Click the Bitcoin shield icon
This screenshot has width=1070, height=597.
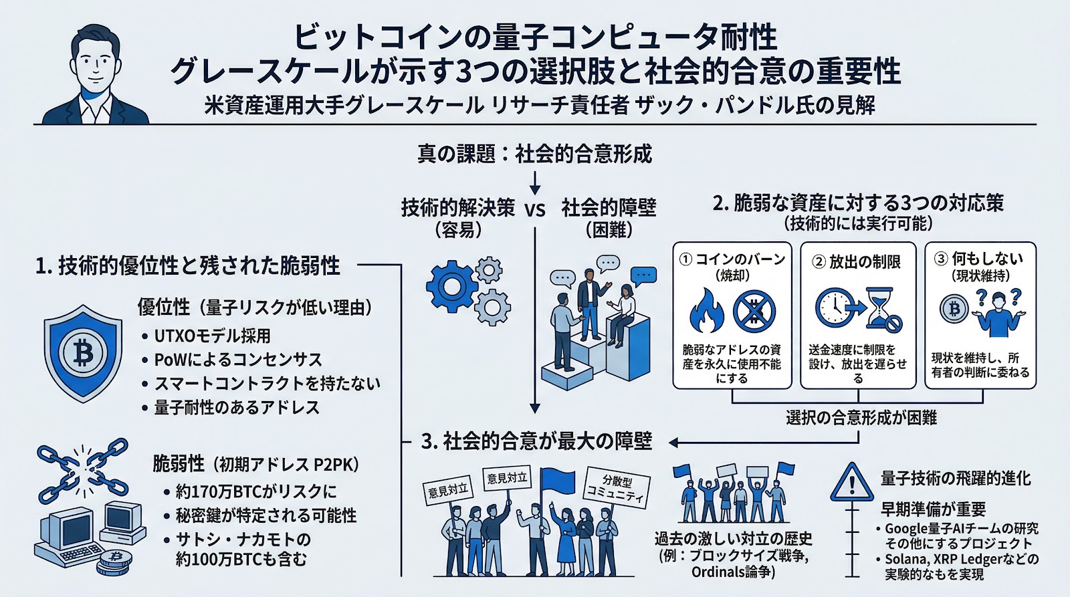[83, 352]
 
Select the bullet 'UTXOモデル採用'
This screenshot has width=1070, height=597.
[212, 336]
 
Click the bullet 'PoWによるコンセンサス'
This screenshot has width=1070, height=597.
[238, 360]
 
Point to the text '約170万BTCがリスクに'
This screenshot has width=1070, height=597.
[256, 491]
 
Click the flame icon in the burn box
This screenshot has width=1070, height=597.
[707, 311]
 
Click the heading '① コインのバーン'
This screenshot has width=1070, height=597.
[732, 259]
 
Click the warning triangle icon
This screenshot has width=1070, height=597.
[851, 483]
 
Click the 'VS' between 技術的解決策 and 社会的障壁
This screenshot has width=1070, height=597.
[535, 210]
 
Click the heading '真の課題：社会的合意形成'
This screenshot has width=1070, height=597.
[534, 154]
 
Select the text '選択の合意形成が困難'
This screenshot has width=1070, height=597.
[861, 418]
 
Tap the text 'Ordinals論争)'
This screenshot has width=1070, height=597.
[733, 572]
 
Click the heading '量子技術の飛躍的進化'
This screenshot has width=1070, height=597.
[956, 478]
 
